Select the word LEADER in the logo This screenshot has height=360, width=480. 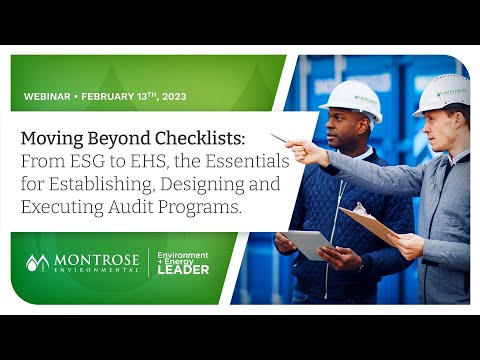(183, 269)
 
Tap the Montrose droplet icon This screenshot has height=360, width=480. (37, 263)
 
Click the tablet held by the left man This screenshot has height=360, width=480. (307, 243)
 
